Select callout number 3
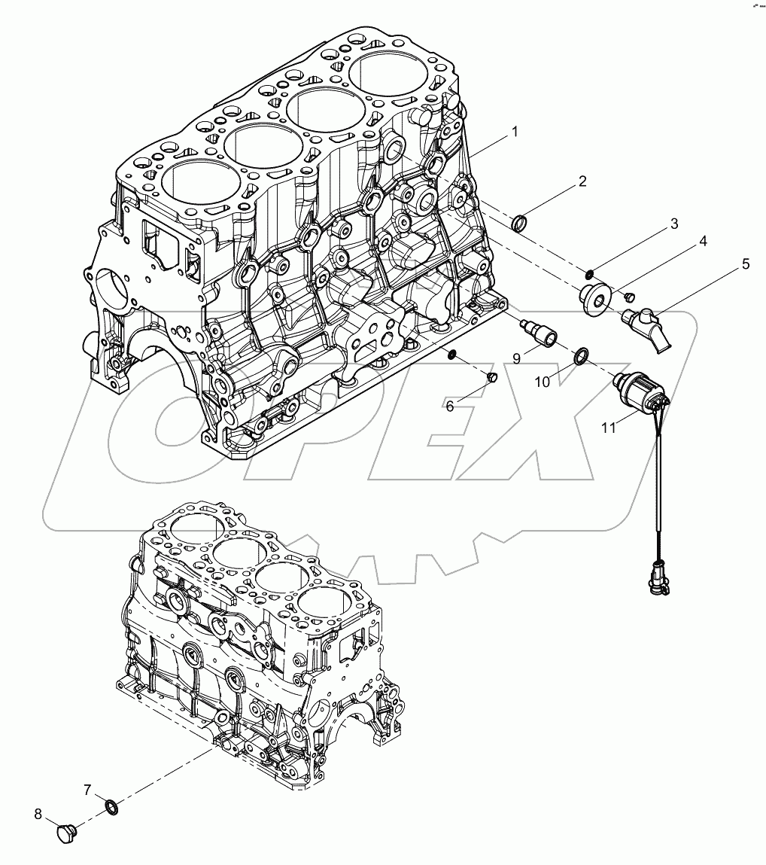(673, 224)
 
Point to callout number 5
(745, 264)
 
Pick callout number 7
(87, 790)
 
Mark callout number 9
(518, 359)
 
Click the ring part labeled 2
(519, 224)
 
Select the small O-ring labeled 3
(593, 273)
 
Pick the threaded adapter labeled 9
(539, 332)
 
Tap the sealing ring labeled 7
(111, 809)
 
